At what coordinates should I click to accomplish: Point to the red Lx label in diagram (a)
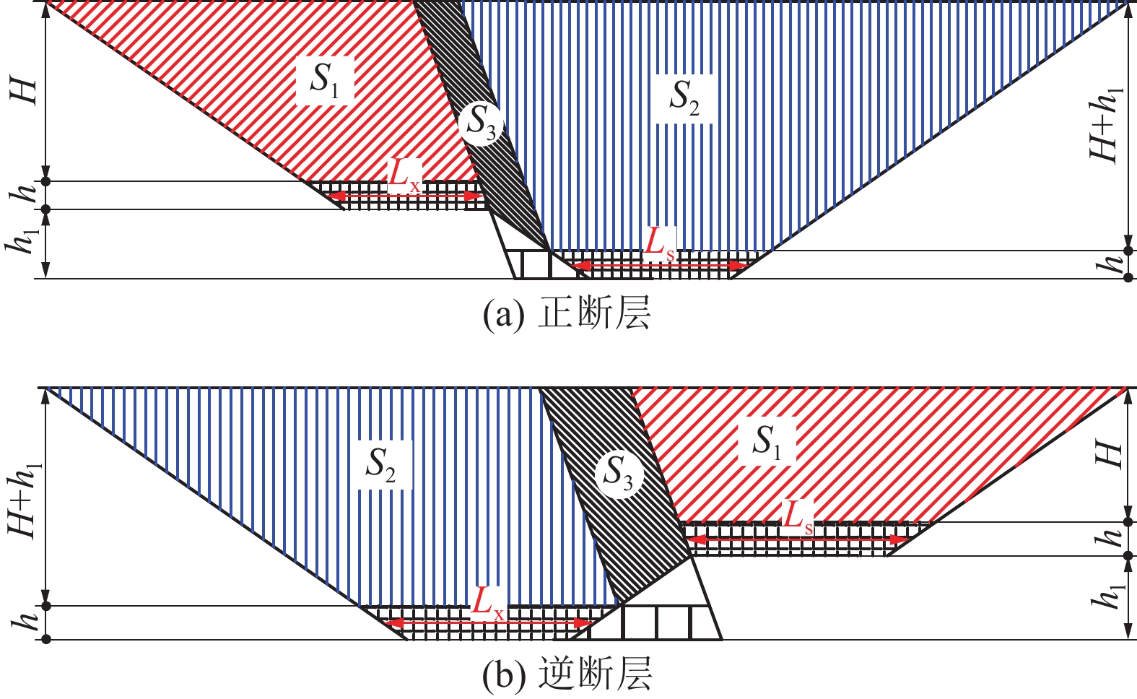[404, 177]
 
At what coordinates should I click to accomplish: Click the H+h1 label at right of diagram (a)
[1106, 124]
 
